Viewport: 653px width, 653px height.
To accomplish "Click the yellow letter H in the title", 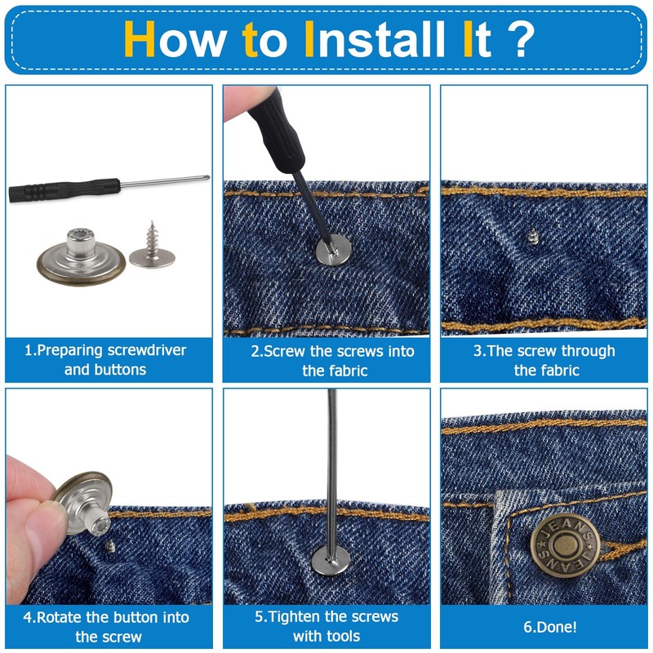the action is [x=140, y=38].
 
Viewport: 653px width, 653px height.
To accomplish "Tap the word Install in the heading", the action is [x=375, y=38].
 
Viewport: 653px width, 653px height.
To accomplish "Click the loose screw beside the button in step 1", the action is [x=152, y=246].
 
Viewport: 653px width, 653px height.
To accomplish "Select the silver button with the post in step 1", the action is [x=81, y=257].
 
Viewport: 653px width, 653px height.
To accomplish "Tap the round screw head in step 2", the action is [x=333, y=250].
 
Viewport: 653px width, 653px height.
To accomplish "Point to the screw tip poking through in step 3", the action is [x=532, y=237].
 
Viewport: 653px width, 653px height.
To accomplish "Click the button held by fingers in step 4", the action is [x=84, y=503].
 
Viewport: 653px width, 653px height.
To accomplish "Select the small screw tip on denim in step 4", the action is [x=110, y=545].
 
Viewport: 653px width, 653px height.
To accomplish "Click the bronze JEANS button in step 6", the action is [x=565, y=543].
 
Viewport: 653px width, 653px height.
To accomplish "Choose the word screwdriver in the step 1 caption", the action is [x=147, y=350].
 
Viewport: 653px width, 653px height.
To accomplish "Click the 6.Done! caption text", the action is [x=549, y=627].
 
